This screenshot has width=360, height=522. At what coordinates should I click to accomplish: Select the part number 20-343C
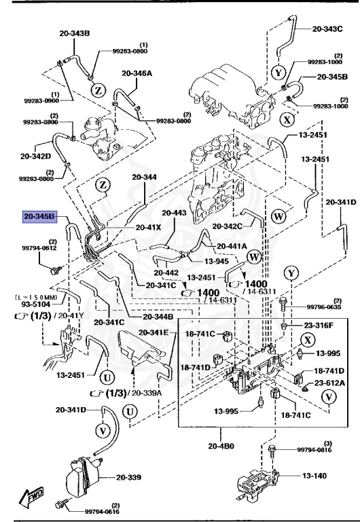click(329, 29)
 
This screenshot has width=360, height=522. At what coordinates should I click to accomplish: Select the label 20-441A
click(233, 246)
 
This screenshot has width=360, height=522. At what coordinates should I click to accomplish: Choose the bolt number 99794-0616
click(95, 509)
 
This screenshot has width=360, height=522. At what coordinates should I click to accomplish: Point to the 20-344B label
click(158, 317)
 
